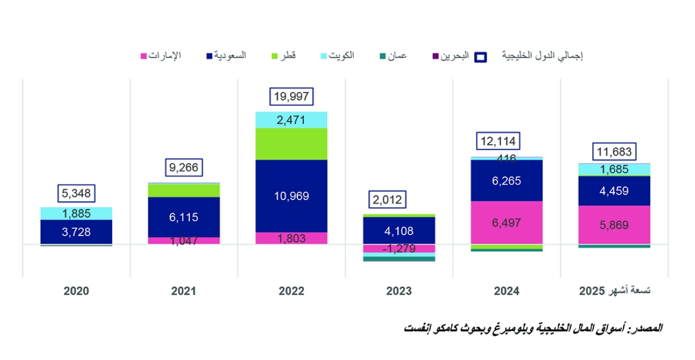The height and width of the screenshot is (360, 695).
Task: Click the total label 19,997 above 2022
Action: (x=291, y=97)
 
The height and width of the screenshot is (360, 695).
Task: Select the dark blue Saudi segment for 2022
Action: (x=291, y=196)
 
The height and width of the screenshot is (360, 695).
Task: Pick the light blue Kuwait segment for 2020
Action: (x=76, y=213)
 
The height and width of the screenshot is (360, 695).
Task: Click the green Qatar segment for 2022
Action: (x=291, y=144)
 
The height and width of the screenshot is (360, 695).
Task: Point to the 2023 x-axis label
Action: (x=399, y=291)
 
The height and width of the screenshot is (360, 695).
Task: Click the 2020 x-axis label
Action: (x=76, y=291)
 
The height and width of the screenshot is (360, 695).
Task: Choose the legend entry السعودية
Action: (x=226, y=56)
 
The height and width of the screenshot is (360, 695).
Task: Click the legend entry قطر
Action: (x=283, y=56)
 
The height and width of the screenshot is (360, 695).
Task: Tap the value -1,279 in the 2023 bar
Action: (x=399, y=249)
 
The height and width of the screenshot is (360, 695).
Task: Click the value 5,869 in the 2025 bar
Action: (x=614, y=225)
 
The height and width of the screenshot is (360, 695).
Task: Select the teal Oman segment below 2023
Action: (x=399, y=259)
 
